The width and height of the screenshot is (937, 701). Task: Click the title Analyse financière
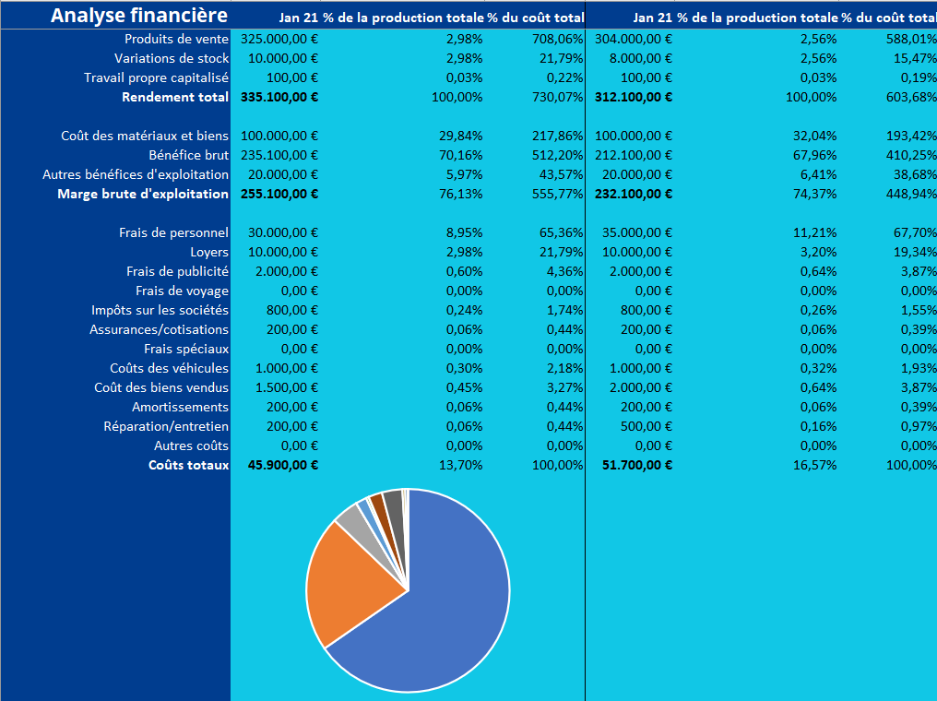coord(138,16)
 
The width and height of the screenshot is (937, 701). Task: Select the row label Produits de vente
coord(176,39)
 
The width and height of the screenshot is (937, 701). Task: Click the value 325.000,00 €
coord(279,39)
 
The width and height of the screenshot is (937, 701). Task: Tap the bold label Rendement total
coord(175,97)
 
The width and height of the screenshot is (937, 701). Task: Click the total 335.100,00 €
coord(279,97)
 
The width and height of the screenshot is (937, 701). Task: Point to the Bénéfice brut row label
coord(189,155)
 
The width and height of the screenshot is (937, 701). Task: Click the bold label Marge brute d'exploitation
coord(143,194)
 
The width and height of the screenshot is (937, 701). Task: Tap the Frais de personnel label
coord(173,232)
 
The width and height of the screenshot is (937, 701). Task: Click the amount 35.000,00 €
coord(641,232)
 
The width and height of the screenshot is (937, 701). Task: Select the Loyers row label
coord(209,252)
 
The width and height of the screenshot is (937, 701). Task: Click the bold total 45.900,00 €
coord(283,465)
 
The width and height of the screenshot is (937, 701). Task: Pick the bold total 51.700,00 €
coord(637,465)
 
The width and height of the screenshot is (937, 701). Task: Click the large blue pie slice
coord(452,609)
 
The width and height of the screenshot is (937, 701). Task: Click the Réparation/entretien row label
coord(166,426)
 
